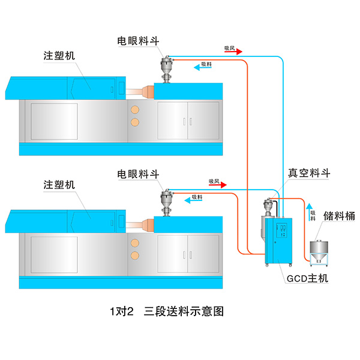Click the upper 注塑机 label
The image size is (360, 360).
[x=59, y=55]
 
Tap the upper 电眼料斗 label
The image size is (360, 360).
[x=137, y=41]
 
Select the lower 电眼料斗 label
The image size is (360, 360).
[x=137, y=173]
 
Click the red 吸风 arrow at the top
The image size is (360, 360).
[x=233, y=52]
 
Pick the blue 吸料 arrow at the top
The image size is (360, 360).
[x=202, y=67]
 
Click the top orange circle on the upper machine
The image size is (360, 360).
[x=135, y=110]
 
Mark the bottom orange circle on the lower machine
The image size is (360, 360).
[x=135, y=256]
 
